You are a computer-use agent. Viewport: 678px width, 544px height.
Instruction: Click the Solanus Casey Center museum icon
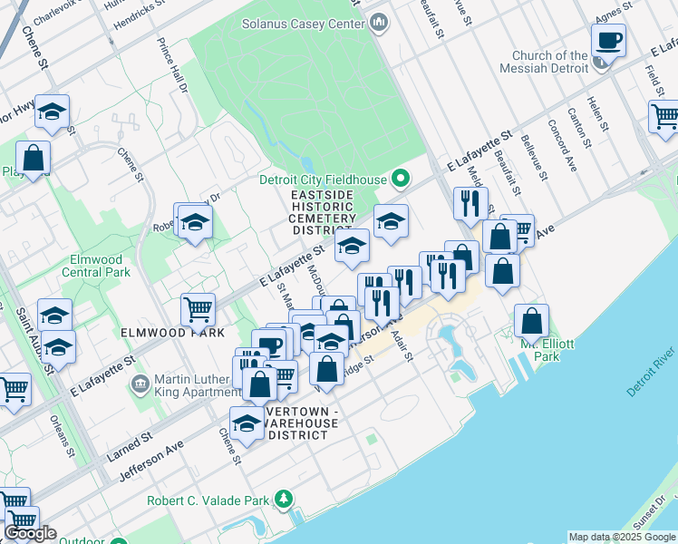tap(380, 21)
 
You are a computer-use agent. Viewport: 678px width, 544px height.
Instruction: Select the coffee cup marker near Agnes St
tap(608, 42)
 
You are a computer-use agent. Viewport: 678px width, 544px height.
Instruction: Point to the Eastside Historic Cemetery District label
tap(324, 213)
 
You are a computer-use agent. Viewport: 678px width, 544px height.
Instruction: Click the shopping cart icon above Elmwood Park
tap(198, 309)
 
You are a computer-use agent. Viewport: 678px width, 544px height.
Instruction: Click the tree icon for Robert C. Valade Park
tap(284, 500)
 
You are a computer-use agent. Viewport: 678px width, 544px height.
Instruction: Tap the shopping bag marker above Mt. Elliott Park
tap(531, 321)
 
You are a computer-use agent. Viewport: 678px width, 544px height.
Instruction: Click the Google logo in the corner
tap(30, 533)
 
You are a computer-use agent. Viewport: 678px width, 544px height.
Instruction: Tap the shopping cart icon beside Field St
tap(663, 117)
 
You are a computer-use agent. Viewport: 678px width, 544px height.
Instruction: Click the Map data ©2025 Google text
tap(622, 537)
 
